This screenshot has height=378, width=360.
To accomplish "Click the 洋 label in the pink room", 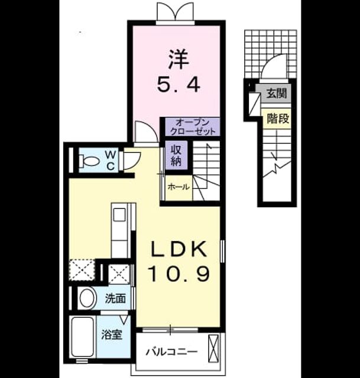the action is point(179,59).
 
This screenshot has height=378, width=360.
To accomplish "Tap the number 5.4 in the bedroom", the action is point(179,84).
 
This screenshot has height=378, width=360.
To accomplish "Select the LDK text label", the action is point(179,249).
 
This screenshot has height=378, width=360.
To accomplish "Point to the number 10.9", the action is point(179,274).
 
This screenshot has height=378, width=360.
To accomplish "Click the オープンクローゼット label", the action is point(193,127).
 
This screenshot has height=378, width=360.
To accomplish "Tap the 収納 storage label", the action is point(176,155).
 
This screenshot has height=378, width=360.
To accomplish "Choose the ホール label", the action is point(179,187).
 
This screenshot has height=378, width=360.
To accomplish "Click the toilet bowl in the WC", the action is point(89,161).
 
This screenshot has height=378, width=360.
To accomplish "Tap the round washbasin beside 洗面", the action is point(87,298).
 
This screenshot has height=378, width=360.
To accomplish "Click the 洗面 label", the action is point(115,298).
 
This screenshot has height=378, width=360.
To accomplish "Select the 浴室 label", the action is point(112,335).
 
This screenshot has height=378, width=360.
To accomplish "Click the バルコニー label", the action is point(171,352).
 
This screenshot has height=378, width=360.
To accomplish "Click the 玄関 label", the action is point(277,93).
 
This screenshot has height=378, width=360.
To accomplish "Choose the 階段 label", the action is point(278,118).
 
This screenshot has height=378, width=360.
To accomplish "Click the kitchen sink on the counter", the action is point(119,214).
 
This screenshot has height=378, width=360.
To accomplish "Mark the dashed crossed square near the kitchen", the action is point(82,270).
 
